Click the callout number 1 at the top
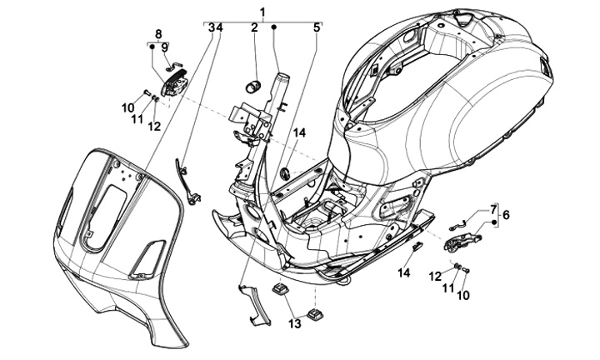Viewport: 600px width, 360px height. [x=262, y=11]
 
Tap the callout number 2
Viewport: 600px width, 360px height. [x=254, y=27]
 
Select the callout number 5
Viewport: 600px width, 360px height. [x=317, y=27]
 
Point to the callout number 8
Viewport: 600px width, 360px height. [x=157, y=33]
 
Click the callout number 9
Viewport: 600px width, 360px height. [x=164, y=47]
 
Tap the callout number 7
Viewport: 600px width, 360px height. [x=493, y=207]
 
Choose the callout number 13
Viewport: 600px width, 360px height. [x=293, y=322]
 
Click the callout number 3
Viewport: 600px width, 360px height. [x=212, y=27]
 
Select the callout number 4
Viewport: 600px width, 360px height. [x=220, y=27]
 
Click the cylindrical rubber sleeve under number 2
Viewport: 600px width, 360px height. [x=253, y=83]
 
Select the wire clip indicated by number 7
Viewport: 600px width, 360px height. [x=457, y=223]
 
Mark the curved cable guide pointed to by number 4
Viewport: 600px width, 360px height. [x=187, y=184]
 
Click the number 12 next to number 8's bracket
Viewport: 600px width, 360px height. [x=153, y=126]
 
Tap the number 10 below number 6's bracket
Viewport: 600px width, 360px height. [x=462, y=294]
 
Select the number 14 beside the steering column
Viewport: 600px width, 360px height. [x=299, y=132]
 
